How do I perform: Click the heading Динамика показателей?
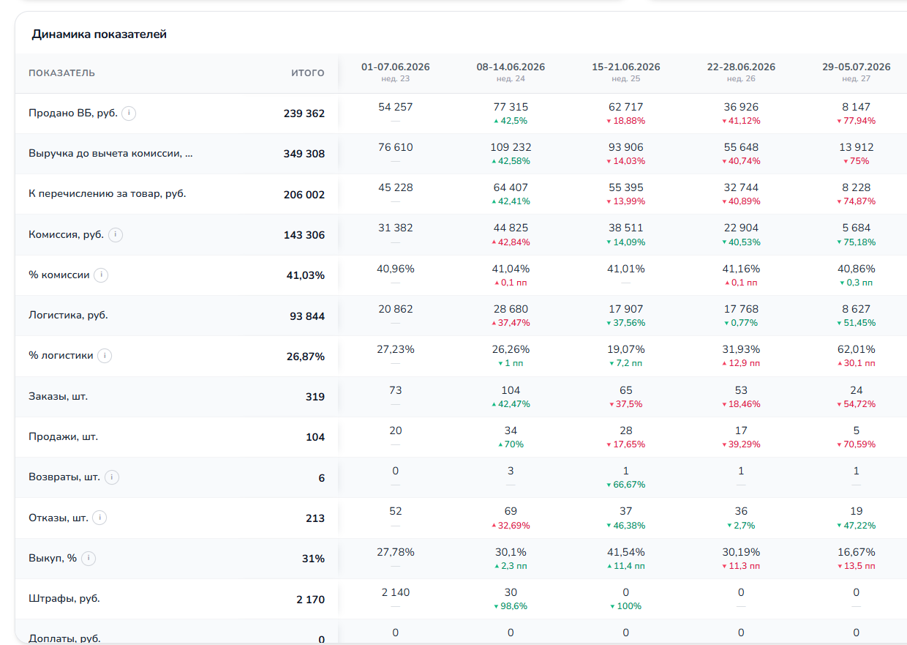(x=99, y=34)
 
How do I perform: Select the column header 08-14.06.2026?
(x=511, y=67)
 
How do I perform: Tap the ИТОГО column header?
(x=308, y=73)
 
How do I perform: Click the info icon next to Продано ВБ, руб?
(x=129, y=113)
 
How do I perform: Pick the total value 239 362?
(x=304, y=113)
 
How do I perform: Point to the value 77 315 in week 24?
(x=511, y=107)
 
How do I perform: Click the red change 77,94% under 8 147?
(x=856, y=121)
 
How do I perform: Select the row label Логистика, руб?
(x=68, y=315)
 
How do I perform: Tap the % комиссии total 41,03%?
(x=305, y=276)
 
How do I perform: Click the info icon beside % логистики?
(x=105, y=356)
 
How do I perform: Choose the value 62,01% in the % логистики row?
(x=856, y=349)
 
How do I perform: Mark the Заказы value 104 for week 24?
(x=511, y=390)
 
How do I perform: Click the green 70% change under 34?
(x=511, y=444)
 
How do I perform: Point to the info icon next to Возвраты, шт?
(x=112, y=477)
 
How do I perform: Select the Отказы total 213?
(x=315, y=518)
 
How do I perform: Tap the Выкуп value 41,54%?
(x=625, y=552)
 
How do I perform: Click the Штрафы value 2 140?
(x=396, y=593)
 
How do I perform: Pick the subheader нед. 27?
(x=856, y=78)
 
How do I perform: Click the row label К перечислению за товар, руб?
(x=108, y=194)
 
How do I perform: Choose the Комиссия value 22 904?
(x=741, y=228)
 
